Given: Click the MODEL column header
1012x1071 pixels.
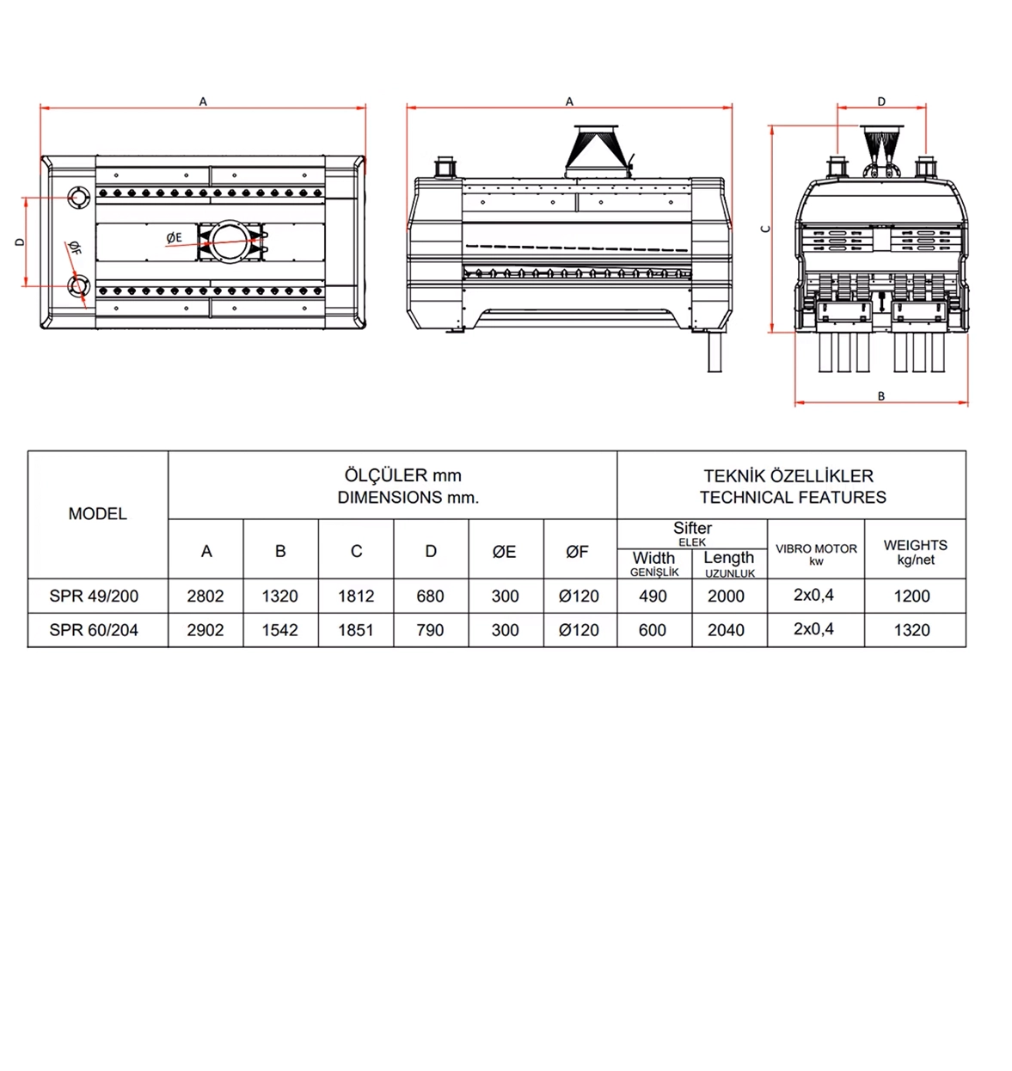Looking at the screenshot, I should pyautogui.click(x=97, y=514).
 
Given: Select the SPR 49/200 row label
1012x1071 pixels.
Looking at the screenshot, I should pyautogui.click(x=94, y=597).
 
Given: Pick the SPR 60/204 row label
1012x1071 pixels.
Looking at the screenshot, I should pyautogui.click(x=94, y=630).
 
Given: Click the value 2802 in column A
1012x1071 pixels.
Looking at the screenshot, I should pyautogui.click(x=205, y=597).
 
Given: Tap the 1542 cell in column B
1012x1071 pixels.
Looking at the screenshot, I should pyautogui.click(x=280, y=630).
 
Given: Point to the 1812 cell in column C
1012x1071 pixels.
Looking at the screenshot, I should pyautogui.click(x=356, y=597).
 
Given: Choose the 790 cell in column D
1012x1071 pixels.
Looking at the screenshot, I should pyautogui.click(x=430, y=630).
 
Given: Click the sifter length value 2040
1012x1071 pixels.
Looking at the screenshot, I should pyautogui.click(x=726, y=630).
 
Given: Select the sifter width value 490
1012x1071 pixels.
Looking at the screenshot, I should pyautogui.click(x=653, y=597).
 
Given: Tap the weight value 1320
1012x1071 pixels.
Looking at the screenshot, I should pyautogui.click(x=911, y=630).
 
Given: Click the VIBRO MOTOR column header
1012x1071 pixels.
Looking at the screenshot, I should pyautogui.click(x=816, y=553).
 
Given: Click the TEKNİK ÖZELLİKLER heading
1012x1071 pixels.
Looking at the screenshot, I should pyautogui.click(x=788, y=476).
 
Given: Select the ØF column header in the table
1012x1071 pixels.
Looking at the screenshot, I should pyautogui.click(x=578, y=552).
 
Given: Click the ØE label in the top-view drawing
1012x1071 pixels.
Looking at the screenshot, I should pyautogui.click(x=174, y=237).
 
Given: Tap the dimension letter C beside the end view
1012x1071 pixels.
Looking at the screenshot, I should pyautogui.click(x=765, y=229).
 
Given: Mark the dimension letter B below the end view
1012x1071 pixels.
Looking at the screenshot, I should pyautogui.click(x=881, y=396).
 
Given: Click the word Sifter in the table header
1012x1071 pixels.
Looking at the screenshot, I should pyautogui.click(x=692, y=528).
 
